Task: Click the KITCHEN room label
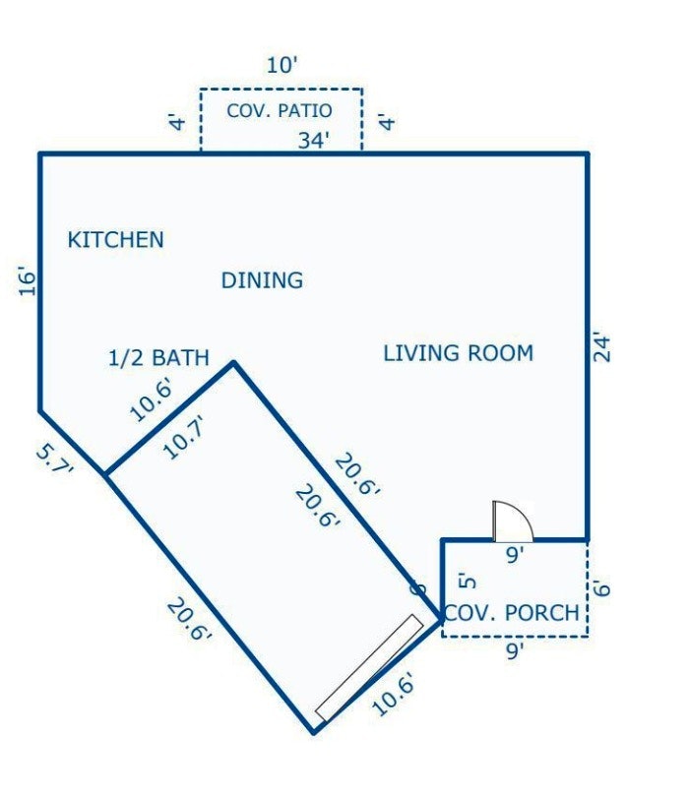[116, 239]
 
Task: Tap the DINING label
[262, 280]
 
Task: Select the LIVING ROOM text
[458, 353]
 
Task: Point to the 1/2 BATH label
[158, 358]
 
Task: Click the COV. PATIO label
[280, 110]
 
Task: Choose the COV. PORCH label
[512, 612]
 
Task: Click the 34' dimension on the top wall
[314, 140]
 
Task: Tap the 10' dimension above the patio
[282, 65]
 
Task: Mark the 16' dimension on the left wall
[28, 280]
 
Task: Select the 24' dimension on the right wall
[602, 348]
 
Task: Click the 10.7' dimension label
[185, 437]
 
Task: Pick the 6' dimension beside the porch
[602, 588]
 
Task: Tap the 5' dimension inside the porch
[468, 582]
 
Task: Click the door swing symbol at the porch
[513, 522]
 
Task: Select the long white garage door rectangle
[369, 667]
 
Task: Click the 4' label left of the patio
[178, 123]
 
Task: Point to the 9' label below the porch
[515, 650]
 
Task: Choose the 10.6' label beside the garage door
[394, 694]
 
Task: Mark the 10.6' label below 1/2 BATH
[152, 400]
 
